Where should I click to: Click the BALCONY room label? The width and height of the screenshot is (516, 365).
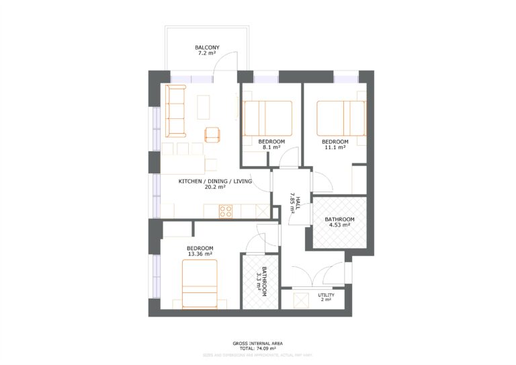coord(207,48)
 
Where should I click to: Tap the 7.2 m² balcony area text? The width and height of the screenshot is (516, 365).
coord(207,54)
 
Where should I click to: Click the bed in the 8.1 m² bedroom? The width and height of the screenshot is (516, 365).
coord(267,118)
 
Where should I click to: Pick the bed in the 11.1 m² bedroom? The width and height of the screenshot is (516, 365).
coord(341,118)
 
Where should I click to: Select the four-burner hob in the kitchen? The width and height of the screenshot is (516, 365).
coord(226,211)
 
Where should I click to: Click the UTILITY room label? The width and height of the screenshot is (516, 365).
coord(326,295)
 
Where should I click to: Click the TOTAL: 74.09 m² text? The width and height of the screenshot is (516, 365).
coord(257,349)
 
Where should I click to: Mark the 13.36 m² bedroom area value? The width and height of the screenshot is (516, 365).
coord(200,254)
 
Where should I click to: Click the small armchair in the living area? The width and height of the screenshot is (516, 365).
coord(212,134)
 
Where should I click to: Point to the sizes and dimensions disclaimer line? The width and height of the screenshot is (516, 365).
coord(257,354)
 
